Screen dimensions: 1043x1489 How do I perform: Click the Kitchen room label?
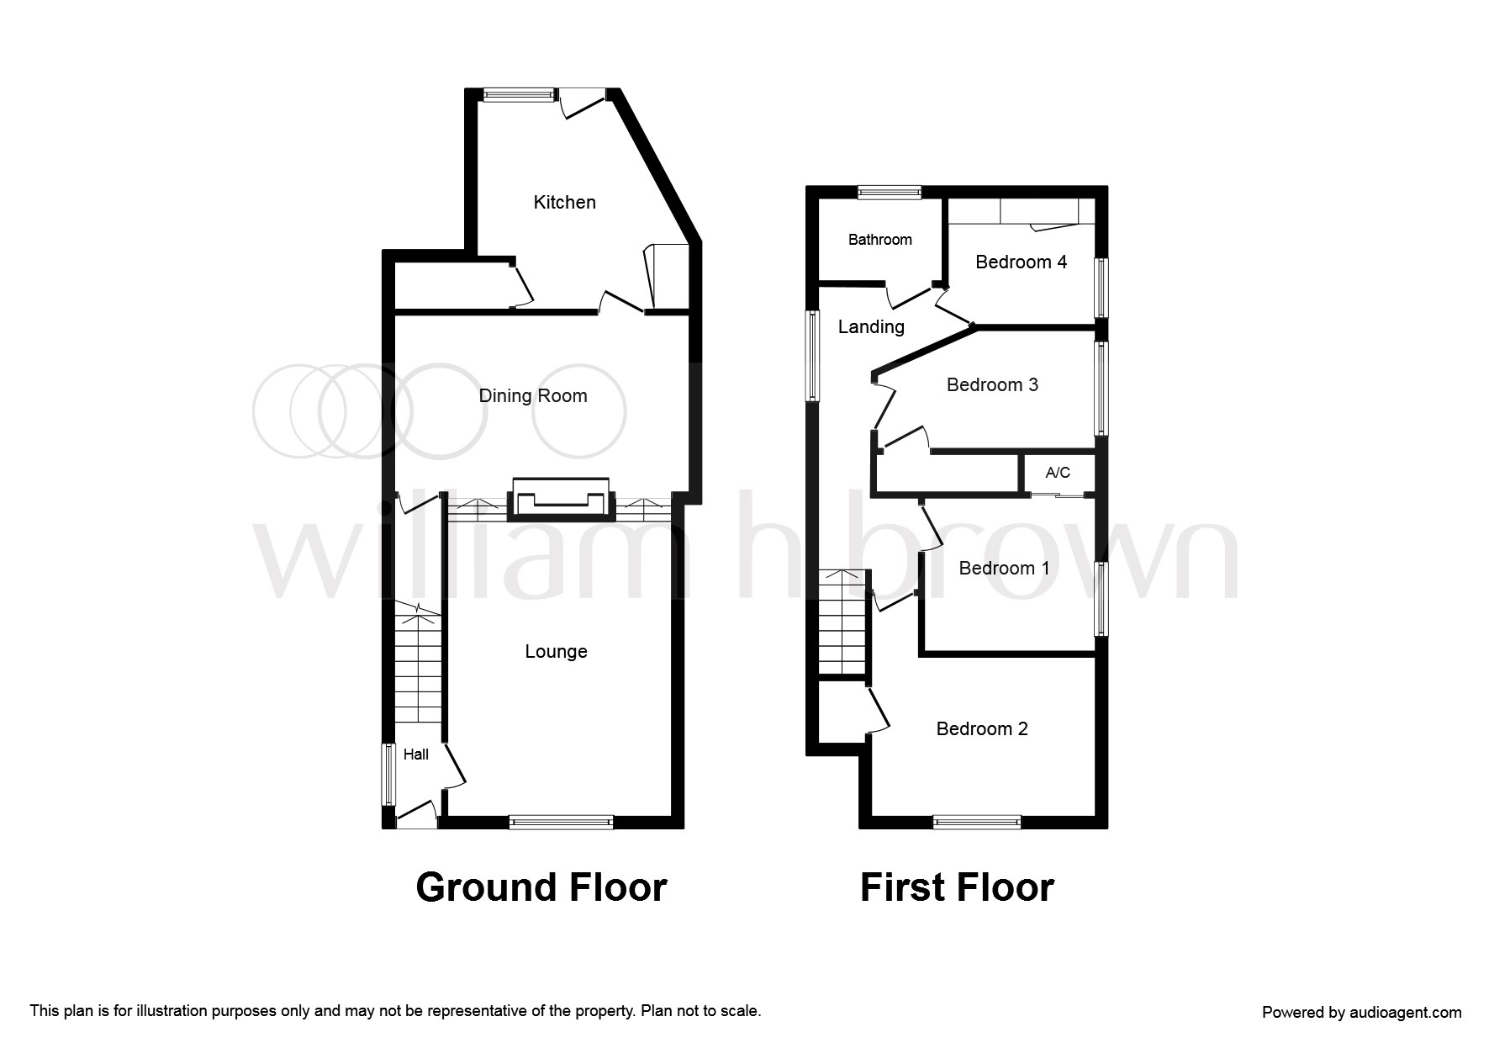point(564,202)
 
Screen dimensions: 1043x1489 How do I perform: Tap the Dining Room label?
point(532,395)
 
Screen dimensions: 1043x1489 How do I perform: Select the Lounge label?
point(556,651)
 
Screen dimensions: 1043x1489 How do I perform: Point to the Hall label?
point(416,754)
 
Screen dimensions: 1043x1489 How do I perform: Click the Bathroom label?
point(879,240)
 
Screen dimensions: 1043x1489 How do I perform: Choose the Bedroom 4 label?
point(1021,262)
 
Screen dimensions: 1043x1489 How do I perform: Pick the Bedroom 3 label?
point(992,384)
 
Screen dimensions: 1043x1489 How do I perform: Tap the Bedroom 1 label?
point(1004,568)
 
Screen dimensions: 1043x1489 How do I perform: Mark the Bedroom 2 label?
point(982,728)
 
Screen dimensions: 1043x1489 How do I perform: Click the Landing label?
point(871,326)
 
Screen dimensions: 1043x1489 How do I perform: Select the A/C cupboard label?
point(1058,473)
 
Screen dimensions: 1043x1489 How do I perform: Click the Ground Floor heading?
point(541,887)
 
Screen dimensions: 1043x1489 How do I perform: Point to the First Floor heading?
point(957,887)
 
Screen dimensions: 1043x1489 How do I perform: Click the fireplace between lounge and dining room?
point(561,499)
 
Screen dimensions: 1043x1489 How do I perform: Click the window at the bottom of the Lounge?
point(561,822)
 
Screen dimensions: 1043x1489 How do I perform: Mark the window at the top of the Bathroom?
point(889,192)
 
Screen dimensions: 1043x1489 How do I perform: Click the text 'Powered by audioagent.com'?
point(1361,1013)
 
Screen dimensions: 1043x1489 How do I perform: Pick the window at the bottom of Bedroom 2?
point(976,822)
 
